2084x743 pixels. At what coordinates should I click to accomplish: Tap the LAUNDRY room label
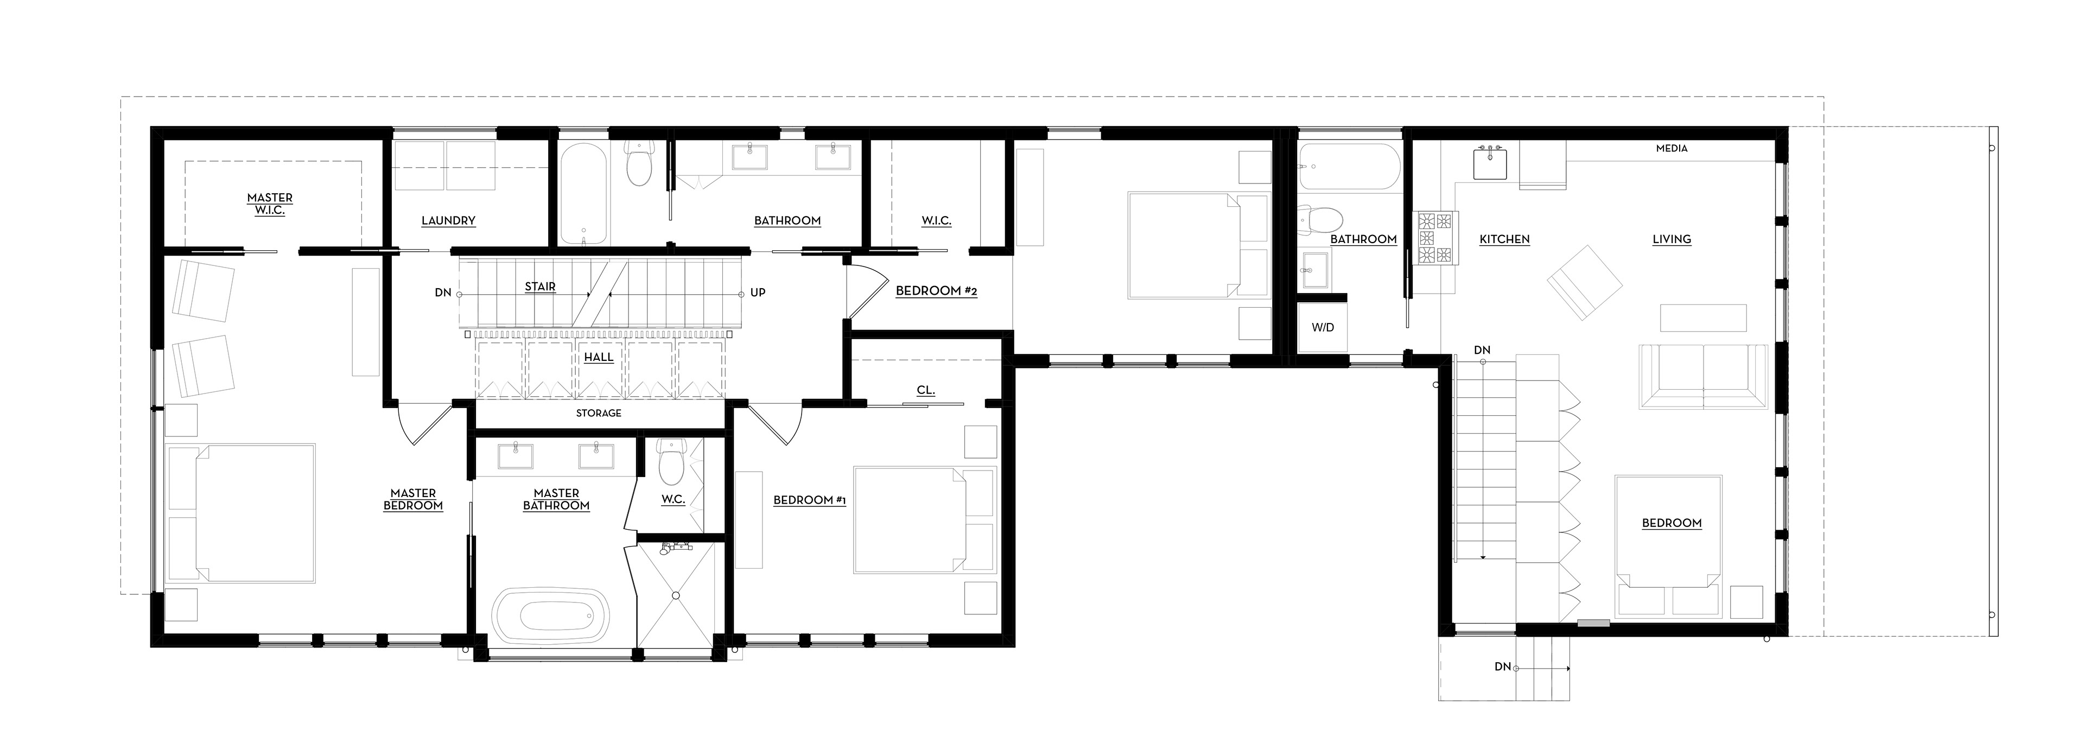[x=448, y=220]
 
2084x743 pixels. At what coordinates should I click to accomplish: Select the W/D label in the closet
[x=1323, y=328]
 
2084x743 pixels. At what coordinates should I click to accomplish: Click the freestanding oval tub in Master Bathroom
[x=552, y=616]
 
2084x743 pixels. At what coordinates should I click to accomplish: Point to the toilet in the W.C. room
[x=671, y=461]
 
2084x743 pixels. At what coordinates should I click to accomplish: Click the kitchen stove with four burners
[x=1436, y=238]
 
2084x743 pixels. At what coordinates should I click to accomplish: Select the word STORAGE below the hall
[x=599, y=413]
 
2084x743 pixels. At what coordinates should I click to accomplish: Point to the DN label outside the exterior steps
[x=1502, y=667]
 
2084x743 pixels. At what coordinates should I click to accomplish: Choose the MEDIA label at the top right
[x=1672, y=148]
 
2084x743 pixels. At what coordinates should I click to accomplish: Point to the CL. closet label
[x=925, y=390]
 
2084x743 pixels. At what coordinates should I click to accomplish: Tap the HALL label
[x=599, y=357]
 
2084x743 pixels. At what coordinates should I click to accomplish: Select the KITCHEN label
[x=1504, y=239]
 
